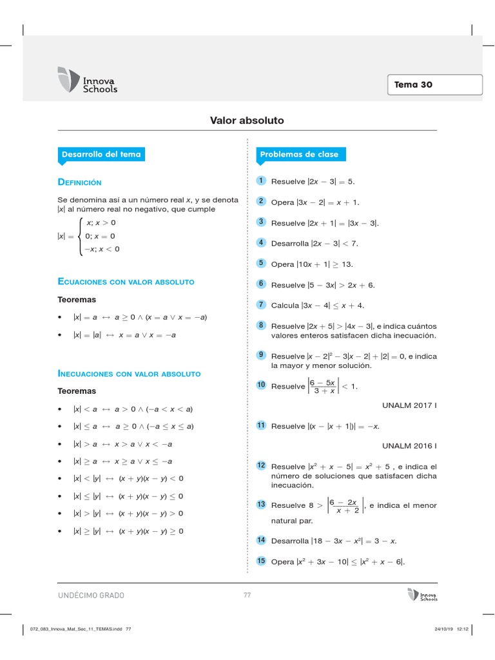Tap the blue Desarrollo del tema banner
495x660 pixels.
pyautogui.click(x=101, y=155)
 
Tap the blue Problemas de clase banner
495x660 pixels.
pyautogui.click(x=299, y=155)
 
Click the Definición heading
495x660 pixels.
pyautogui.click(x=80, y=182)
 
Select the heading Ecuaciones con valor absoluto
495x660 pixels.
pyautogui.click(x=126, y=282)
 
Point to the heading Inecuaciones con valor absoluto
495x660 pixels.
pyautogui.click(x=130, y=374)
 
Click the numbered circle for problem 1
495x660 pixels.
pyautogui.click(x=261, y=180)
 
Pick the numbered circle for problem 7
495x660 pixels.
pyautogui.click(x=261, y=304)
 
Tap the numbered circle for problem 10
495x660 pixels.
pyautogui.click(x=261, y=385)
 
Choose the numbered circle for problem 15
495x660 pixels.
pyautogui.click(x=261, y=561)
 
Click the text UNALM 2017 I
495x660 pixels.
pyautogui.click(x=409, y=405)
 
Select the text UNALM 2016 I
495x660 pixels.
pyautogui.click(x=409, y=445)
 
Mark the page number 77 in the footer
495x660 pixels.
pyautogui.click(x=247, y=596)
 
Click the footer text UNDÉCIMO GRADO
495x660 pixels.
pyautogui.click(x=92, y=596)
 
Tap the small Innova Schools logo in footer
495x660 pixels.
pyautogui.click(x=422, y=595)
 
